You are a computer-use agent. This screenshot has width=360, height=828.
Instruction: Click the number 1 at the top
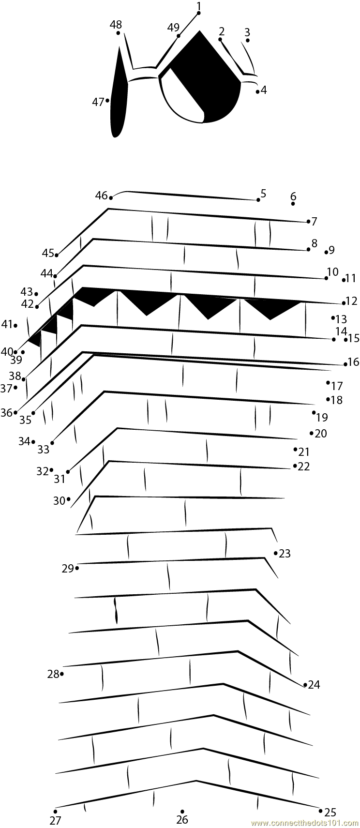pyautogui.click(x=199, y=5)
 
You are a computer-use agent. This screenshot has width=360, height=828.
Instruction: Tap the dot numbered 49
pyautogui.click(x=179, y=36)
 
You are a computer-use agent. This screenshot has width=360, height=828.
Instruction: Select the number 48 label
pyautogui.click(x=116, y=24)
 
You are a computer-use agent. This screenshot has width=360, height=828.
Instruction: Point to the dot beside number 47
pyautogui.click(x=107, y=101)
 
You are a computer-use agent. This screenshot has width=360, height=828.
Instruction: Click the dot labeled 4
pyautogui.click(x=257, y=91)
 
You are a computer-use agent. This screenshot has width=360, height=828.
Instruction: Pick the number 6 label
pyautogui.click(x=293, y=196)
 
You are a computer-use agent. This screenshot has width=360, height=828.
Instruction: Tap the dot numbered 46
pyautogui.click(x=111, y=197)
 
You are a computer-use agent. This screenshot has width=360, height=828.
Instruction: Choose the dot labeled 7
pyautogui.click(x=308, y=222)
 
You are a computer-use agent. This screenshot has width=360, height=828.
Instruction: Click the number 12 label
pyautogui.click(x=352, y=301)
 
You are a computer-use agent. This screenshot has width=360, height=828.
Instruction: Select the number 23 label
pyautogui.click(x=285, y=553)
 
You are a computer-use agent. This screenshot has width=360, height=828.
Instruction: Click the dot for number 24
pyautogui.click(x=305, y=685)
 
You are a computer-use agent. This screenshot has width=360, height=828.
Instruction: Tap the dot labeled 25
pyautogui.click(x=320, y=810)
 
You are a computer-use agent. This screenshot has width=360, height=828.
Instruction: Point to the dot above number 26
pyautogui.click(x=182, y=811)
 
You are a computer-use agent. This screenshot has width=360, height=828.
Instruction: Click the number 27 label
pyautogui.click(x=55, y=821)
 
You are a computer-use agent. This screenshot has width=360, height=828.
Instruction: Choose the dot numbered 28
pyautogui.click(x=62, y=674)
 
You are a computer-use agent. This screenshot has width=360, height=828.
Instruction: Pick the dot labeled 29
pyautogui.click(x=77, y=568)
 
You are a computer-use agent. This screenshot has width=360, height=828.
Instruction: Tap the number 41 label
pyautogui.click(x=6, y=324)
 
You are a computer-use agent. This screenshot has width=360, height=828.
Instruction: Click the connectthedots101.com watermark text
pyautogui.click(x=305, y=823)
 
